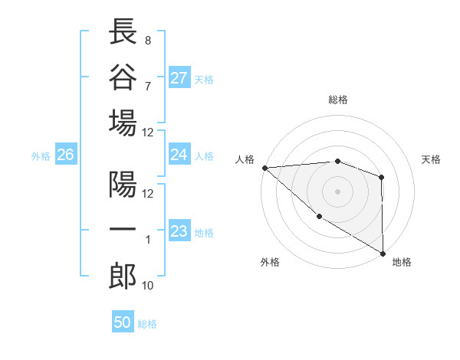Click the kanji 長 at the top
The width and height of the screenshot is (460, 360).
point(123,33)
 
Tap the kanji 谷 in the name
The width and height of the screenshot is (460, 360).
point(123,77)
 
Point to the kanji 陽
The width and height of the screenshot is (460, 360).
point(123,186)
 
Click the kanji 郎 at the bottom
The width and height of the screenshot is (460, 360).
point(123,277)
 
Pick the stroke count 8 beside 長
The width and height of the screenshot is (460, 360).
point(147,40)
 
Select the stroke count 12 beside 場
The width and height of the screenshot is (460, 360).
point(148,132)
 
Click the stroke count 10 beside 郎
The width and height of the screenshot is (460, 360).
point(148,286)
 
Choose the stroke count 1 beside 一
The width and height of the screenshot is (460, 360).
point(147,240)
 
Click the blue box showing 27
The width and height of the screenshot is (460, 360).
point(179,78)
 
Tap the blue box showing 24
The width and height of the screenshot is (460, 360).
point(179,155)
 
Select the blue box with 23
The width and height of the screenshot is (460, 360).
point(179,231)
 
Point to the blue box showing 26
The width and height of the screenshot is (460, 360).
point(65,155)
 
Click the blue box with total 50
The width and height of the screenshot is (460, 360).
point(123,322)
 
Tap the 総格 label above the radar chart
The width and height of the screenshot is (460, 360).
point(338,100)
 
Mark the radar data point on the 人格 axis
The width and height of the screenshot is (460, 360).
point(264,167)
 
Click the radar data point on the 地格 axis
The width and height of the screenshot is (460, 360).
point(383,253)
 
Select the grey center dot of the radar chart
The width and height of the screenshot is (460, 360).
point(337,191)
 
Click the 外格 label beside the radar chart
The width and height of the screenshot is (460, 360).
point(270,262)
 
